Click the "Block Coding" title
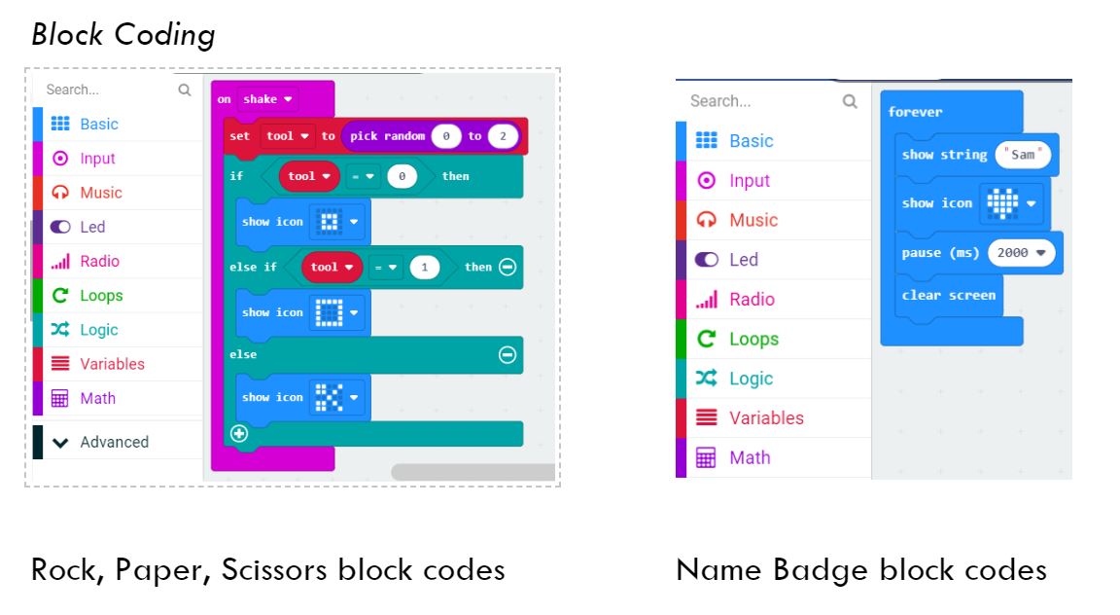click(x=122, y=35)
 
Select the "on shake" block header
click(x=233, y=99)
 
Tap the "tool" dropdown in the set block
click(x=289, y=136)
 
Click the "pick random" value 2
click(x=503, y=136)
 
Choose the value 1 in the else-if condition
click(x=424, y=267)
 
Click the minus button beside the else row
click(x=507, y=355)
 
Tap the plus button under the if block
click(x=239, y=434)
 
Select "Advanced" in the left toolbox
click(x=114, y=442)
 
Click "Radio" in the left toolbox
click(x=99, y=261)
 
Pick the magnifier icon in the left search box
click(x=185, y=90)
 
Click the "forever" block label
click(x=915, y=112)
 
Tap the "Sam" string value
click(x=1023, y=155)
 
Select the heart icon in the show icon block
click(x=1002, y=203)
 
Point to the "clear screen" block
click(x=948, y=295)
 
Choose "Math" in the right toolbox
click(x=750, y=457)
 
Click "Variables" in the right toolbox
click(x=766, y=417)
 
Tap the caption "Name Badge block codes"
click(x=860, y=569)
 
